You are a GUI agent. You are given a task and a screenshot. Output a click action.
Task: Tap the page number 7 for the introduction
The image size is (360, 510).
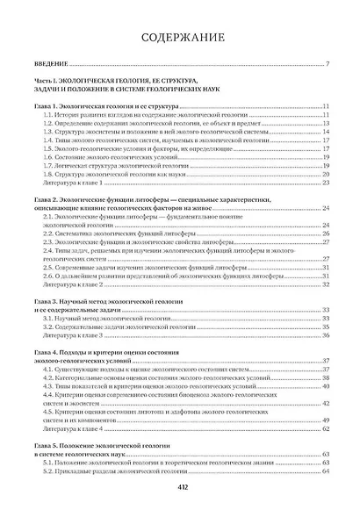pyautogui.click(x=326, y=65)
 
